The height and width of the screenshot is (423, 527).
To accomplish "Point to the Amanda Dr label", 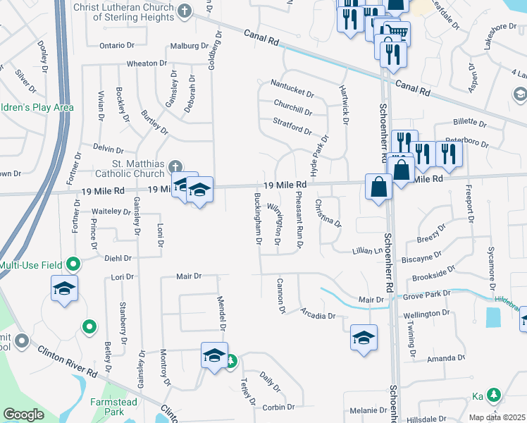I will click(446, 358).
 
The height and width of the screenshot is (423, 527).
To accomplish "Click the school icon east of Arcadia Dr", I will click(364, 336).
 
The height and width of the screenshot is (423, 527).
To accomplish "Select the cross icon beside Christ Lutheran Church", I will click(185, 11).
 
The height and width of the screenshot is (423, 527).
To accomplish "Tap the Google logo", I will click(23, 415).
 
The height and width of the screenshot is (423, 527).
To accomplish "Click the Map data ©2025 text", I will click(496, 417).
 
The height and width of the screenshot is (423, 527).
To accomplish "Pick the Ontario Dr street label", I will click(117, 45).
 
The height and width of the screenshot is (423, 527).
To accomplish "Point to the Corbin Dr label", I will click(278, 407).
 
